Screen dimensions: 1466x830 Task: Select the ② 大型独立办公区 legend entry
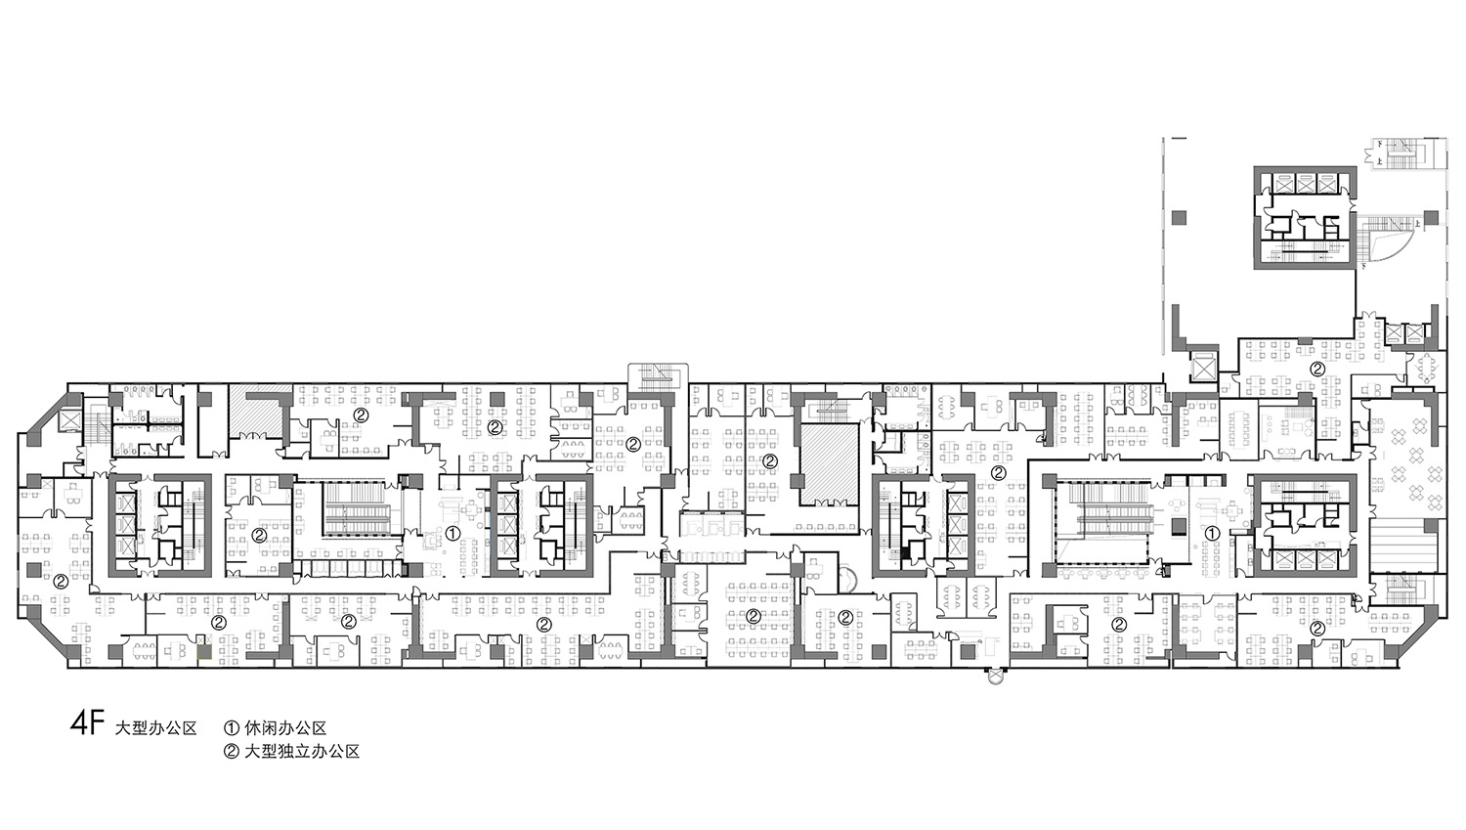292,752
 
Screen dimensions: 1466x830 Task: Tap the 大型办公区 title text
155,728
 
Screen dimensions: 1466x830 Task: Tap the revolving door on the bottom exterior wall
996,677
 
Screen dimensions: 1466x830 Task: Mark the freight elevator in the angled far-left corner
68,420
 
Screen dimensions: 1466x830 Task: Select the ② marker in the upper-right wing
1317,370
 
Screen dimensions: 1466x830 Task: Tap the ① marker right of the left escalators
453,534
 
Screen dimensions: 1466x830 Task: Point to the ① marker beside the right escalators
1212,534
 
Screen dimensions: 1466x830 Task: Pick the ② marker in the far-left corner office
61,580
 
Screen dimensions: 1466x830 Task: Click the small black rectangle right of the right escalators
1179,526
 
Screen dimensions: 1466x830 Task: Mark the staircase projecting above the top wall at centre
658,377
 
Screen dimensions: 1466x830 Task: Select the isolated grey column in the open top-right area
1180,217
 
